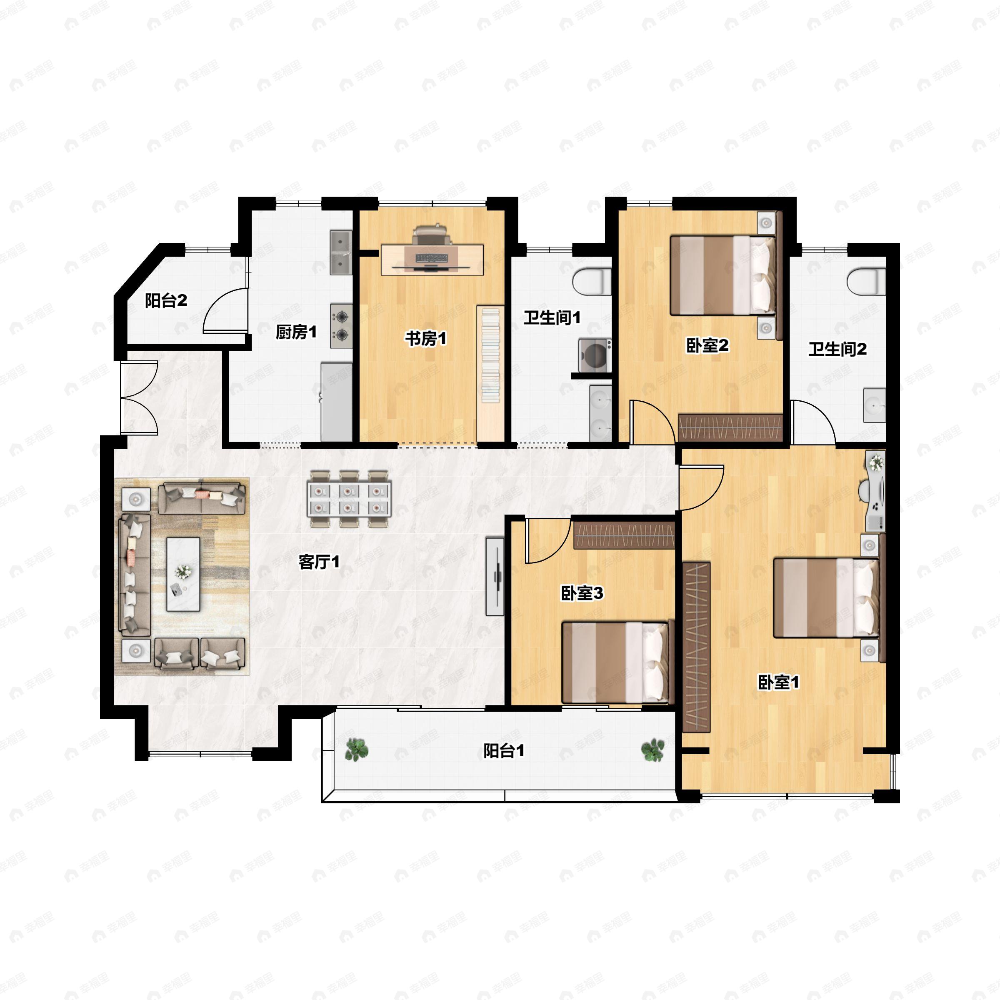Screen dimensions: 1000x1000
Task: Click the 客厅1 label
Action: click(319, 562)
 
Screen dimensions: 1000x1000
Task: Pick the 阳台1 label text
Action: click(504, 750)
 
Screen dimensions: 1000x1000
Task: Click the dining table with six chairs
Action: click(350, 499)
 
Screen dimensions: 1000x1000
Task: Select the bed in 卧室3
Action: click(616, 662)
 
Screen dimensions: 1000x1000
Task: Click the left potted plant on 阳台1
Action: click(356, 749)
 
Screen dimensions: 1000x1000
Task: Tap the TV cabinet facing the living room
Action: click(495, 576)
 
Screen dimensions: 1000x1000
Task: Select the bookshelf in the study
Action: click(490, 372)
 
